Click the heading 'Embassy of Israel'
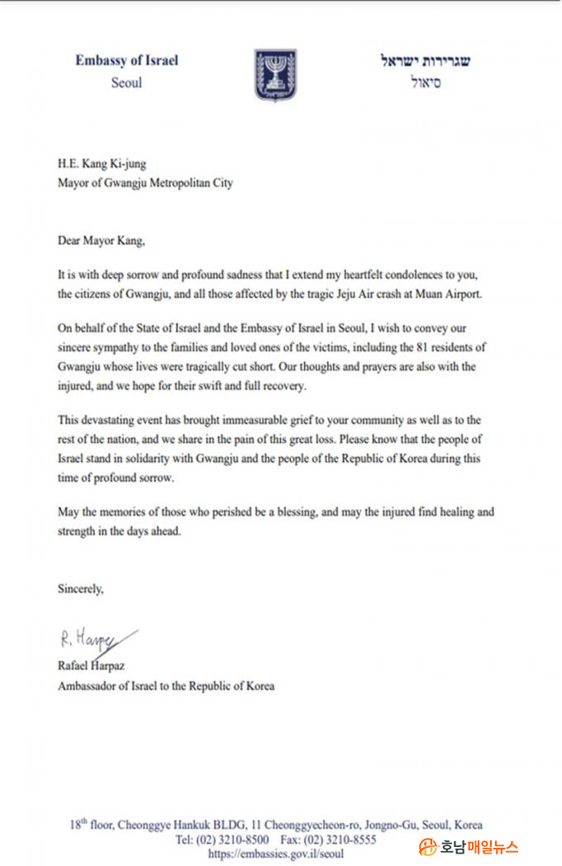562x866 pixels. click(126, 60)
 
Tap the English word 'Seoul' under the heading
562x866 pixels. click(126, 83)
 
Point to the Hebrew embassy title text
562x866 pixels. click(426, 61)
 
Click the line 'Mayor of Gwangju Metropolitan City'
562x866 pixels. click(145, 183)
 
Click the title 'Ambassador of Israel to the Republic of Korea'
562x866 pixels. click(165, 685)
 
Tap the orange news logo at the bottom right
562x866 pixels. click(469, 846)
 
